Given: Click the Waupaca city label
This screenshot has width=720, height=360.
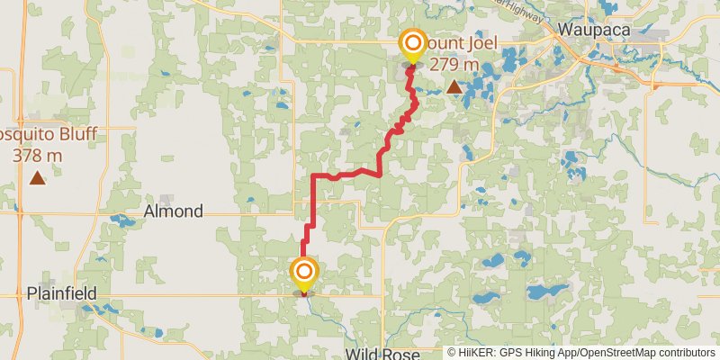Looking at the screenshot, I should pyautogui.click(x=594, y=29).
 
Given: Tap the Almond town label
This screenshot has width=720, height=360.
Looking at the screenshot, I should pyautogui.click(x=174, y=211).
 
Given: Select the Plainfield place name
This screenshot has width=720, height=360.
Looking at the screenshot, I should pyautogui.click(x=62, y=293).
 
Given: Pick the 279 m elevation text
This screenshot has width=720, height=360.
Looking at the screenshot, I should pyautogui.click(x=454, y=64).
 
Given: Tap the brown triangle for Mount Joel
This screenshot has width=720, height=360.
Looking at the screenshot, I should pyautogui.click(x=454, y=87).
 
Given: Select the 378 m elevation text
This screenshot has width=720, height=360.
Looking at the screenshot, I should pyautogui.click(x=38, y=155).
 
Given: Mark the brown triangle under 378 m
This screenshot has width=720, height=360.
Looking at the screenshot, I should pyautogui.click(x=37, y=177).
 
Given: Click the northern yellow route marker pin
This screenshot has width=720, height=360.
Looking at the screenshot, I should pyautogui.click(x=413, y=46).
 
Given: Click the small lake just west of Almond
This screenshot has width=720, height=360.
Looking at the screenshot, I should pyautogui.click(x=121, y=219).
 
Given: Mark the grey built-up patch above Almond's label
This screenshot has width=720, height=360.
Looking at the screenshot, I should pyautogui.click(x=166, y=199).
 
